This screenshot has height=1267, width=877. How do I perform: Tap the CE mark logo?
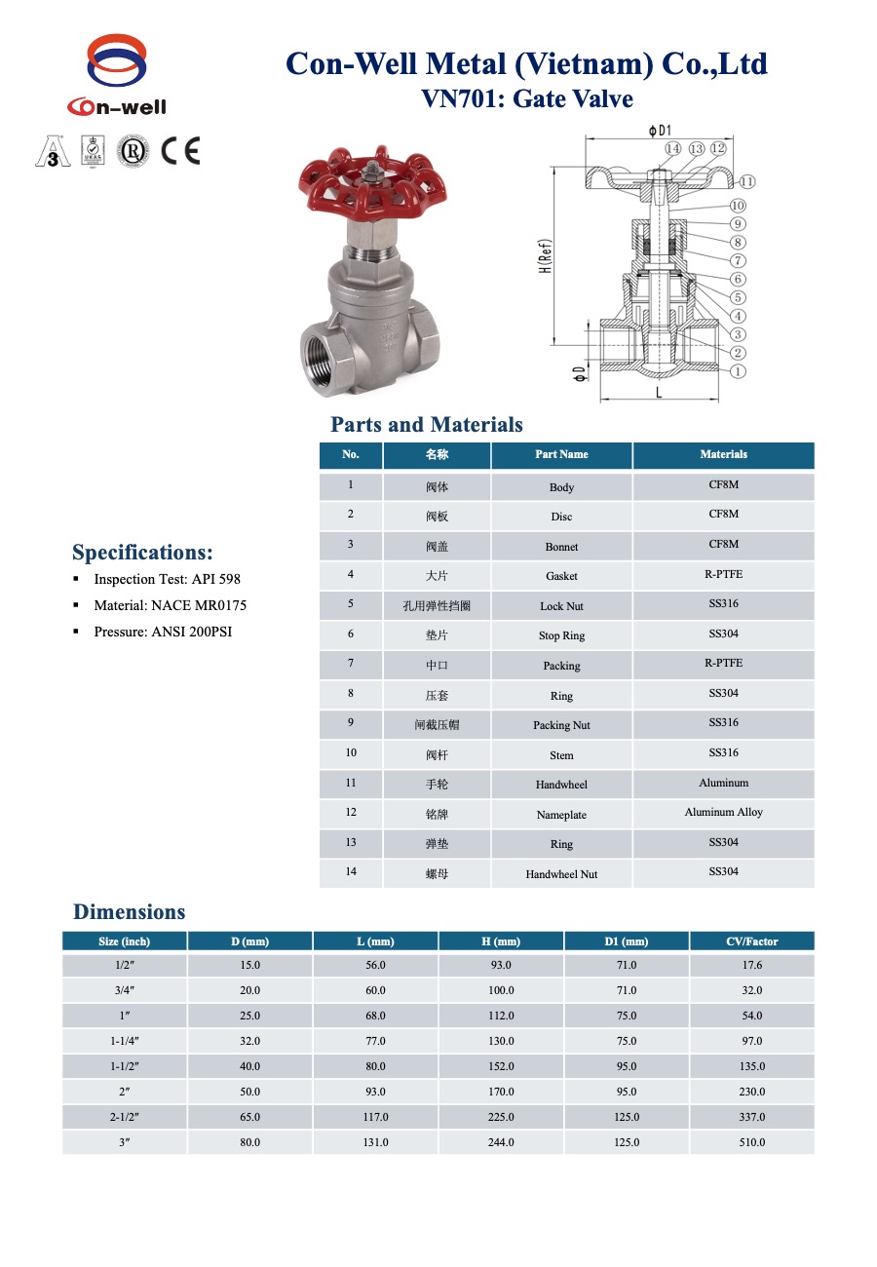(x=180, y=151)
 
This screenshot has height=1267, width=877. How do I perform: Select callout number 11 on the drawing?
(x=747, y=181)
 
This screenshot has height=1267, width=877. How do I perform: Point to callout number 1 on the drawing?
(x=738, y=370)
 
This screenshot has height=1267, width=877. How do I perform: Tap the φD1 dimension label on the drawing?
(x=660, y=130)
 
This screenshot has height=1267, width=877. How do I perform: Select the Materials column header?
(x=723, y=454)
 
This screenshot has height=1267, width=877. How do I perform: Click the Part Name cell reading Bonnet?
(x=561, y=547)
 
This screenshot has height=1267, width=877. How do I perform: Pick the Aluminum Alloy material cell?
(x=723, y=812)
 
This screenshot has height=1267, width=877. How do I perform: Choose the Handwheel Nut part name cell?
(x=561, y=874)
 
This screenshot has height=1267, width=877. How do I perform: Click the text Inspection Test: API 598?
(x=167, y=579)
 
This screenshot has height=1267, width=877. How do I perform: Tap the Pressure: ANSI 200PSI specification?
(x=163, y=632)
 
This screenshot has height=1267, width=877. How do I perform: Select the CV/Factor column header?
(x=751, y=941)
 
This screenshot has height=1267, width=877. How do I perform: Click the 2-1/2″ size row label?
(x=124, y=1117)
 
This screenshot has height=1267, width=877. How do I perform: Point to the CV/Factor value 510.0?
(x=751, y=1142)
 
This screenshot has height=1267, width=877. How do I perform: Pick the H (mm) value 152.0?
(x=501, y=1066)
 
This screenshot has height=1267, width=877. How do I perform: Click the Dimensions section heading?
(x=129, y=912)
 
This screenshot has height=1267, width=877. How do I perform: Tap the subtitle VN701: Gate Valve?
(x=526, y=99)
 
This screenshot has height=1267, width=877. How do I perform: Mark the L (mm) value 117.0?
(x=375, y=1117)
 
